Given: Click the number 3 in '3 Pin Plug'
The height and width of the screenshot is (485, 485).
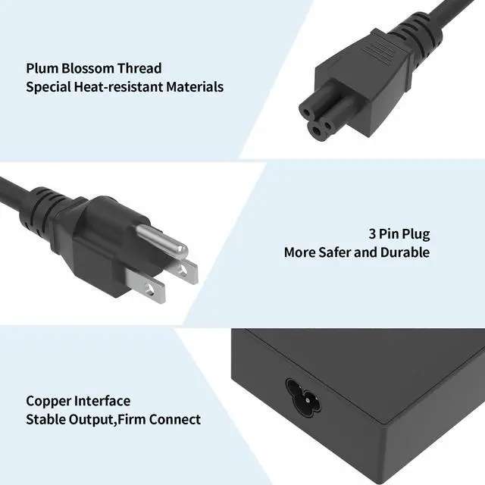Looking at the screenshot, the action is pyautogui.click(x=373, y=234).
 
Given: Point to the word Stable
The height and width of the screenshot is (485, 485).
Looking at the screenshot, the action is pyautogui.click(x=45, y=419).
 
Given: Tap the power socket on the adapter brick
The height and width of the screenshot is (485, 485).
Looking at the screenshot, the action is pyautogui.click(x=302, y=393).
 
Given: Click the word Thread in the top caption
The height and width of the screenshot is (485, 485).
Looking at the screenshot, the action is pyautogui.click(x=140, y=68).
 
